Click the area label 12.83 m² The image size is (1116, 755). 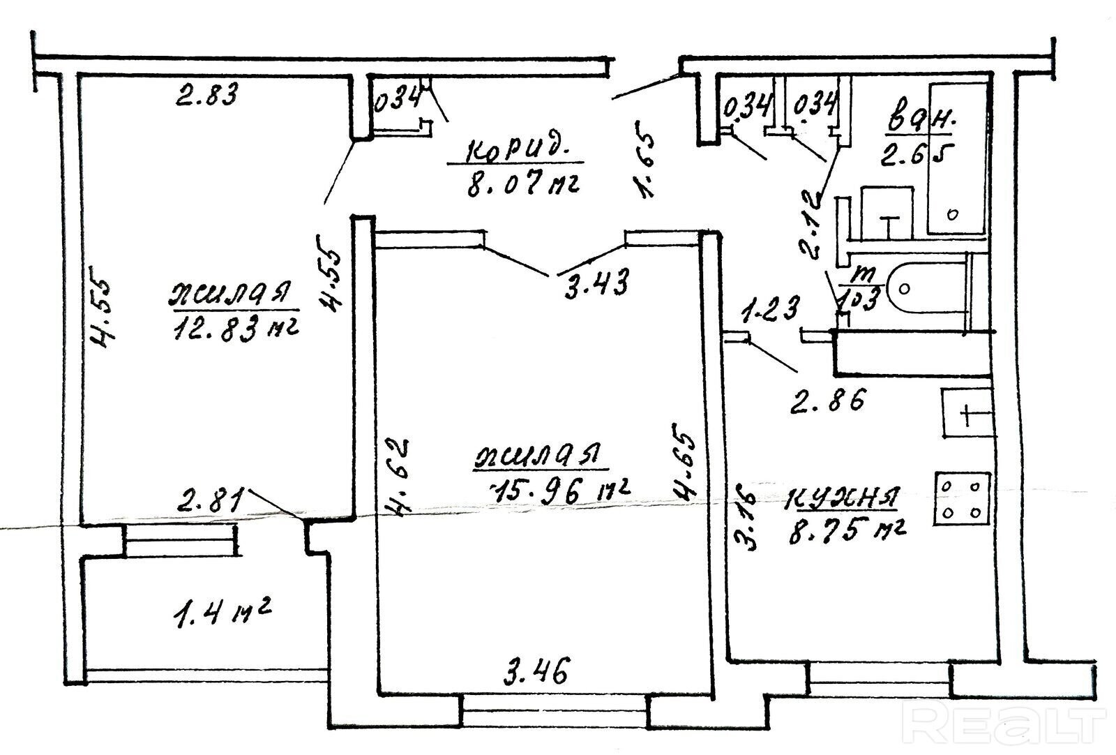click(x=234, y=326)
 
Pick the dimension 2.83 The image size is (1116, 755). click(x=206, y=94)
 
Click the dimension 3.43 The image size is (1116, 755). click(x=596, y=283)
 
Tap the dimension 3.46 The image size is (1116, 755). click(x=536, y=673)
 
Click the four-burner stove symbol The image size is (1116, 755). click(x=963, y=498)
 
